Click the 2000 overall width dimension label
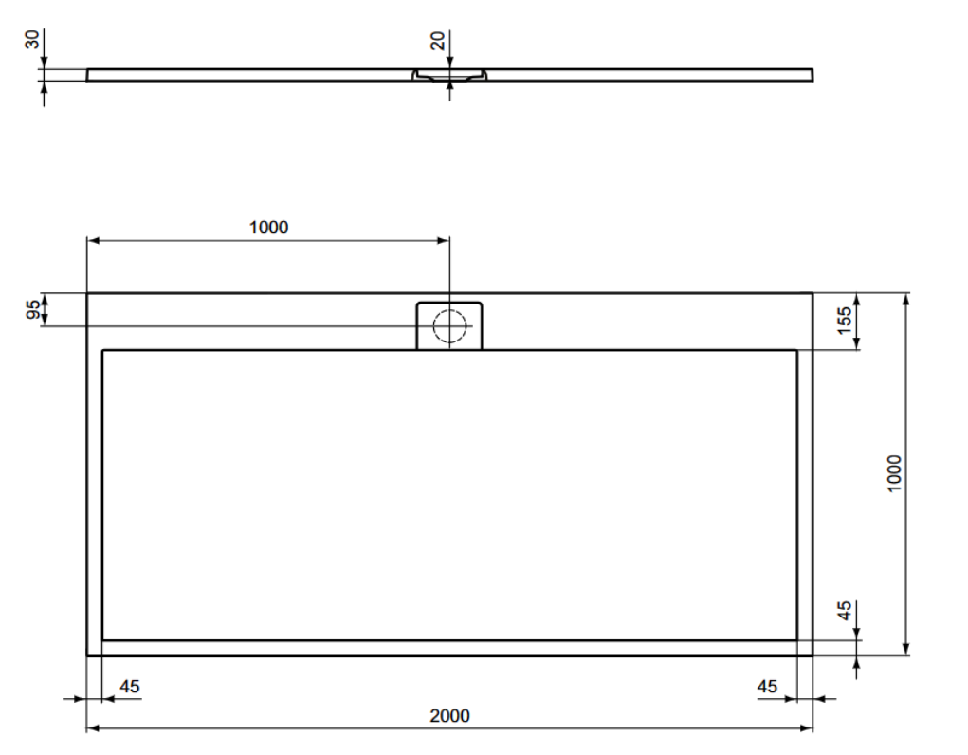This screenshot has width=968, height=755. click(449, 715)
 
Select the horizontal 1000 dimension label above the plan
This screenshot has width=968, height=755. click(268, 228)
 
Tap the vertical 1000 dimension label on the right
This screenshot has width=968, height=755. click(894, 474)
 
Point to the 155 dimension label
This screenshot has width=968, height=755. click(844, 320)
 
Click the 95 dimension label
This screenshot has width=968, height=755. click(33, 309)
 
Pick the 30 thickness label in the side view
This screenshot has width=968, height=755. click(32, 40)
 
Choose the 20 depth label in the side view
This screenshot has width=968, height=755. click(437, 41)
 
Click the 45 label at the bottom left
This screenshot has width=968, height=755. click(130, 687)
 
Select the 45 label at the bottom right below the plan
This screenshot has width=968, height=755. click(767, 687)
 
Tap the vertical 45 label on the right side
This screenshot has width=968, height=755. click(844, 611)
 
